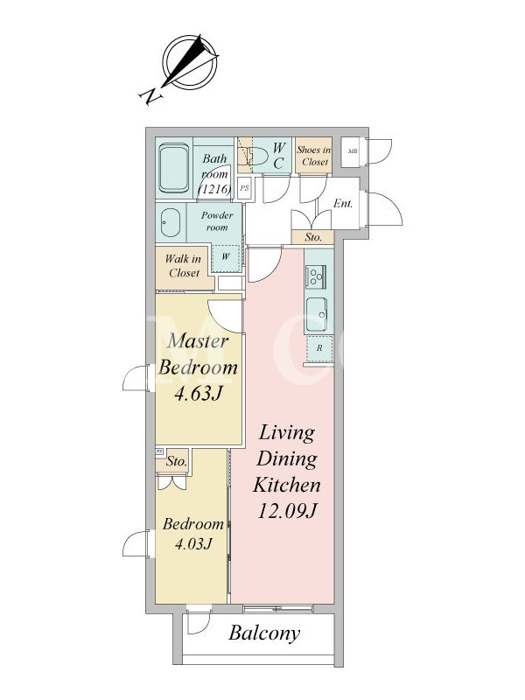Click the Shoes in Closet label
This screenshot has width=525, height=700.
point(314,156)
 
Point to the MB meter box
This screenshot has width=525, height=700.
point(353,151)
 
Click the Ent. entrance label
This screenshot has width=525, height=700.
point(343,204)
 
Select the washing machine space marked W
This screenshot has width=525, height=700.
point(226,257)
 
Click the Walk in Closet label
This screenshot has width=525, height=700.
point(183,266)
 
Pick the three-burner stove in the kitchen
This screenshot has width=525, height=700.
point(316,276)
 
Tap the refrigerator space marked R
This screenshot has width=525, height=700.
point(319,348)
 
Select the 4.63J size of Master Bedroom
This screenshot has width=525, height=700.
point(198,393)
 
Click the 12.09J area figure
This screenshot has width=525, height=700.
point(287,511)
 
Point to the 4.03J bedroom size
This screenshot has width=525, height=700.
point(193,543)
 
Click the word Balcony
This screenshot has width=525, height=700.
point(264,633)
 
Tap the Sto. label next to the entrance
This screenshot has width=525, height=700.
point(313,237)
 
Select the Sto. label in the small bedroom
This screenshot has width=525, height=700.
point(177,462)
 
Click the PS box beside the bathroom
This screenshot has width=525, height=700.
point(244,188)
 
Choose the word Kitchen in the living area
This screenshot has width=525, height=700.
point(287,485)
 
